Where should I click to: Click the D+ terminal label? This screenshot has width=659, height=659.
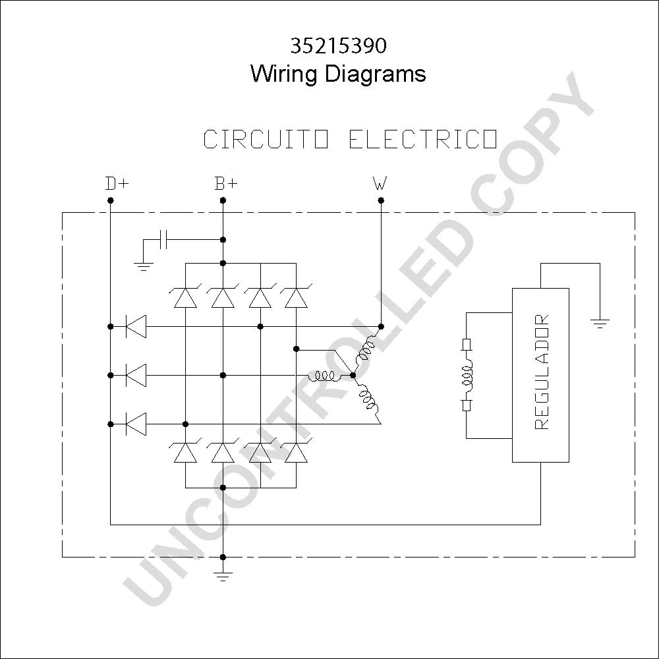[x=117, y=183]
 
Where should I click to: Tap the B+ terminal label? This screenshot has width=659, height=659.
[x=226, y=183]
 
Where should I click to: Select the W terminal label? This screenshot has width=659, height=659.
[x=380, y=183]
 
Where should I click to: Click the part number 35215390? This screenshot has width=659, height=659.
[x=338, y=46]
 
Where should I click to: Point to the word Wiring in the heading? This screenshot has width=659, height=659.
[x=283, y=74]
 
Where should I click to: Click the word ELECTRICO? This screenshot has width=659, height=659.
[x=423, y=139]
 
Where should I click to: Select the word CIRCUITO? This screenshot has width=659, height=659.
[x=266, y=139]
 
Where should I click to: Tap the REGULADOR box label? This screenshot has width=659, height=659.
[x=541, y=372]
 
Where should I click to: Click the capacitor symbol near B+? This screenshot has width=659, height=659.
[x=163, y=240]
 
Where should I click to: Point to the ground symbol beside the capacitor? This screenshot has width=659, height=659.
[x=143, y=266]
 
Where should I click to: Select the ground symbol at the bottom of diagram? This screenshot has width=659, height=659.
[x=223, y=576]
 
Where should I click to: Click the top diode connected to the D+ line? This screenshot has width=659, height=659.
[x=136, y=326]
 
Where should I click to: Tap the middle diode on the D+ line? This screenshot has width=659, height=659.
[x=136, y=375]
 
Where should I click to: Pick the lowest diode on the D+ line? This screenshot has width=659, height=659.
[x=136, y=424]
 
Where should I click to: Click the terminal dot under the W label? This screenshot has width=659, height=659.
[x=381, y=200]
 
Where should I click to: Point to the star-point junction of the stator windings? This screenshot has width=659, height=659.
[x=353, y=375]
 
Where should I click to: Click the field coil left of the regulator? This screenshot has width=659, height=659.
[x=467, y=376]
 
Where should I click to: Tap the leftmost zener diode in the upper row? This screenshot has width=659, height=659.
[x=185, y=297]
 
